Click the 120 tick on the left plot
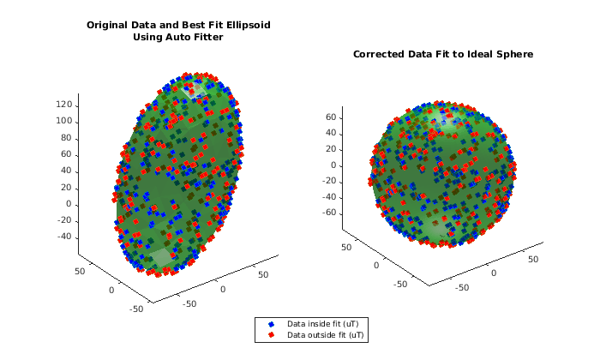tap(63, 105)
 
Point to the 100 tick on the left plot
tap(63, 121)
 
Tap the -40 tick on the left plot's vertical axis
tap(63, 237)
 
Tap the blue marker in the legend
tap(271, 324)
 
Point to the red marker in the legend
tap(271, 334)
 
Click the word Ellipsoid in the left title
tap(244, 25)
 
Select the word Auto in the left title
tap(178, 37)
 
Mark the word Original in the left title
tap(110, 25)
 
